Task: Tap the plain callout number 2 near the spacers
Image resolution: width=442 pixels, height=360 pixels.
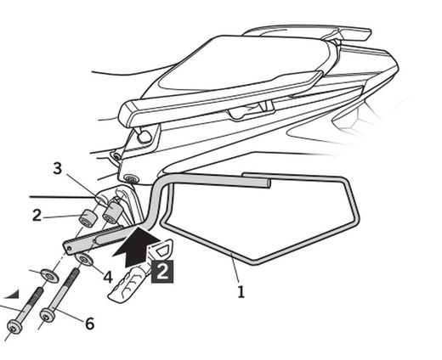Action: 37,215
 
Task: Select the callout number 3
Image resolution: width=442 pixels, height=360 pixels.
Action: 58,169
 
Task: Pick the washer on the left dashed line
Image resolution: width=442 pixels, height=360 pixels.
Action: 48,275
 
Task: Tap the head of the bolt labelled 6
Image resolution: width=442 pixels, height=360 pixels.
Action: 48,315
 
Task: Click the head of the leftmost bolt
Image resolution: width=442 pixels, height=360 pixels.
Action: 15,326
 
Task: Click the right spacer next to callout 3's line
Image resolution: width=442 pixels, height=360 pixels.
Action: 110,214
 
